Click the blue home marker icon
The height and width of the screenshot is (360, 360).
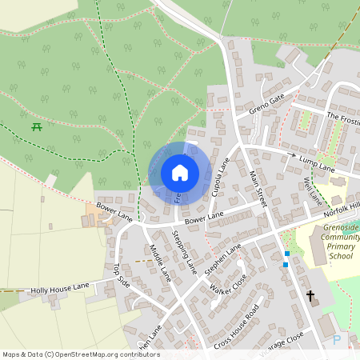point(179,172)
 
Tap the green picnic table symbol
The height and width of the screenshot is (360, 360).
point(37,126)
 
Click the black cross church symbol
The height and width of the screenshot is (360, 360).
point(310,297)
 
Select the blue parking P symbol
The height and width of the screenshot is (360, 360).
point(337,339)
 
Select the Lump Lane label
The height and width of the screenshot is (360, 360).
point(317,166)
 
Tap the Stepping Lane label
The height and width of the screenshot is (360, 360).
point(184,251)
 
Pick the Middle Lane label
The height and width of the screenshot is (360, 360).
point(160,262)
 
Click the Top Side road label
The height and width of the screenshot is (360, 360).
point(121,275)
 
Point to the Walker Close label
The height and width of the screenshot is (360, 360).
point(228,286)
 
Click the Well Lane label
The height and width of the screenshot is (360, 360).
point(312,191)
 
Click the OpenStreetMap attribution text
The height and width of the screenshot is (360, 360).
point(80,354)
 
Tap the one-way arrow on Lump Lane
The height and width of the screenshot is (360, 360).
point(290,154)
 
